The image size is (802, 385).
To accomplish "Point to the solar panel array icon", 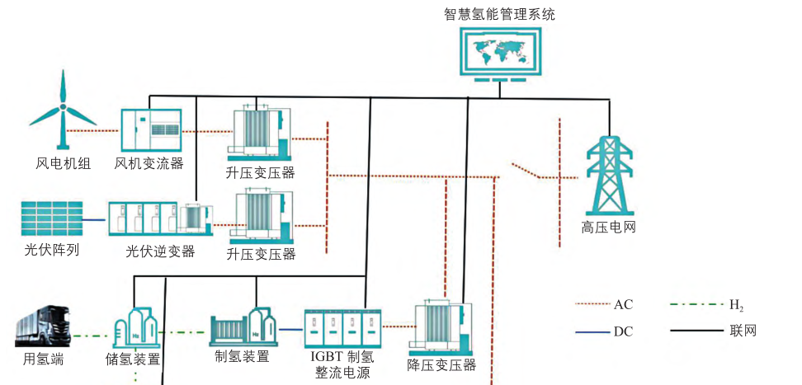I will click(51, 219).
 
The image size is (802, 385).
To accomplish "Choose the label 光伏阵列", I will click(51, 250).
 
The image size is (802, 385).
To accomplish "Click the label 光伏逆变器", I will click(160, 251).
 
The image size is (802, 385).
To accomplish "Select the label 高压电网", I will click(608, 228).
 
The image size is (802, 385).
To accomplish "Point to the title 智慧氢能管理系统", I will click(499, 13).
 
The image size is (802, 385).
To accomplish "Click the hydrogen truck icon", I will click(46, 328).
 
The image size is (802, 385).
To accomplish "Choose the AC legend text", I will click(623, 304).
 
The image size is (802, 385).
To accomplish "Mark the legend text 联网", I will click(742, 331).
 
